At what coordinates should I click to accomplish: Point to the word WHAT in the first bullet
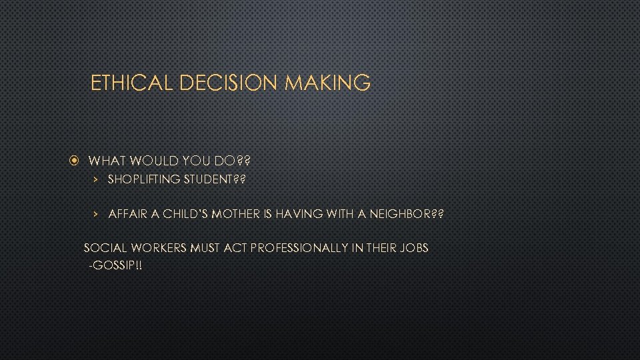click(x=105, y=161)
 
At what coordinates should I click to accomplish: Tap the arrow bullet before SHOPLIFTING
click(x=96, y=179)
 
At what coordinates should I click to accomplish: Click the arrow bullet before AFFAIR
click(x=96, y=214)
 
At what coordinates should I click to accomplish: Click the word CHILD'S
click(x=186, y=214)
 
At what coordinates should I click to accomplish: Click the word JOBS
click(x=415, y=248)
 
